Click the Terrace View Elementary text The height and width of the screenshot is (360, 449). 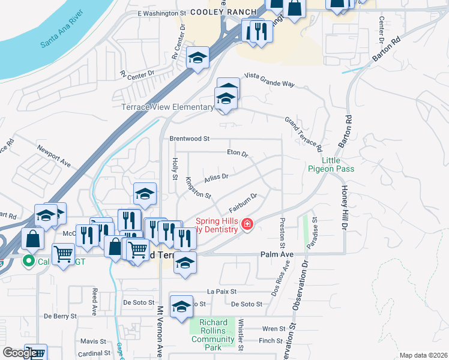point(167,107)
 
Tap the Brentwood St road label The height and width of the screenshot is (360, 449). point(189,139)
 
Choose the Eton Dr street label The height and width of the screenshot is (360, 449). point(238,154)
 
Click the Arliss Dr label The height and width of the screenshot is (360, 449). point(216,176)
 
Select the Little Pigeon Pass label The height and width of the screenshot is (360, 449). point(331,165)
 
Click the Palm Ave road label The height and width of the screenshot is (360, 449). point(276,254)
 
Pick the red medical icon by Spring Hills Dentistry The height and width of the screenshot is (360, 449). point(246,224)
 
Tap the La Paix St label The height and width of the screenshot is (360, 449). point(219,291)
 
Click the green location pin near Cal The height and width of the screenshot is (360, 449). point(27,261)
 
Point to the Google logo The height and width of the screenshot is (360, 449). point(20,353)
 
